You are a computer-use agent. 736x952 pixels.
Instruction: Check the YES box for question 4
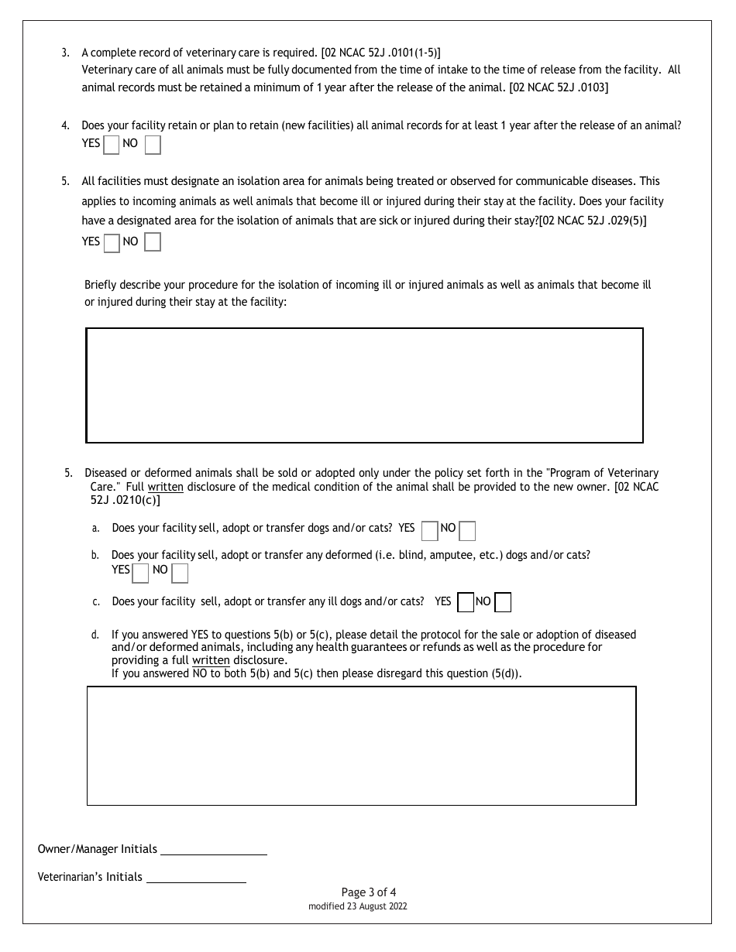pyautogui.click(x=112, y=145)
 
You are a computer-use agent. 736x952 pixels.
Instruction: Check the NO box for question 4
pyautogui.click(x=153, y=145)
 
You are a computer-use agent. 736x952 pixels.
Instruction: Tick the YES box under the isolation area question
pyautogui.click(x=112, y=243)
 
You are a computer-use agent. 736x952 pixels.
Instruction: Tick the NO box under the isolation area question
pyautogui.click(x=153, y=242)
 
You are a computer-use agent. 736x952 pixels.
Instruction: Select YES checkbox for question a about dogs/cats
pyautogui.click(x=429, y=530)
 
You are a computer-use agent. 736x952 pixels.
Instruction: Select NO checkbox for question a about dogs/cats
pyautogui.click(x=467, y=530)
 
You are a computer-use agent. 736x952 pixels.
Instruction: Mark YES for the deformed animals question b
pyautogui.click(x=140, y=573)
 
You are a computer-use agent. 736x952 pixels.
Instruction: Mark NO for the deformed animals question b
pyautogui.click(x=180, y=573)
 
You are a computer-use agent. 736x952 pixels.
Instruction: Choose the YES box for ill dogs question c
pyautogui.click(x=466, y=602)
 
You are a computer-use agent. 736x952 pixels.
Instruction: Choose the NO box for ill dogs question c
pyautogui.click(x=503, y=602)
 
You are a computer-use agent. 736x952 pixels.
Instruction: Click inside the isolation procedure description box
pyautogui.click(x=364, y=385)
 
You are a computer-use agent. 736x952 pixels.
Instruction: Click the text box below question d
pyautogui.click(x=361, y=745)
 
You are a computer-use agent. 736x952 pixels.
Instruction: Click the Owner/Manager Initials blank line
pyautogui.click(x=213, y=850)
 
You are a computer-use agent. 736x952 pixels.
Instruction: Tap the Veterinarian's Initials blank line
pyautogui.click(x=196, y=878)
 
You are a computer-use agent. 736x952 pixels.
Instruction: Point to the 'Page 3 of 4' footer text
pyautogui.click(x=368, y=892)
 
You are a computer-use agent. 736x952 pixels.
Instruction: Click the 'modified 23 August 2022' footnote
pyautogui.click(x=357, y=906)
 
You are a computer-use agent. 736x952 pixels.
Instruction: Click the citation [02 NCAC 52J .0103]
pyautogui.click(x=559, y=87)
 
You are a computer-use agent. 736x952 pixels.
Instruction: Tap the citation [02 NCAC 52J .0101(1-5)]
pyautogui.click(x=380, y=53)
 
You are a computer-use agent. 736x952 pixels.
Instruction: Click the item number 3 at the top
pyautogui.click(x=65, y=53)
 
